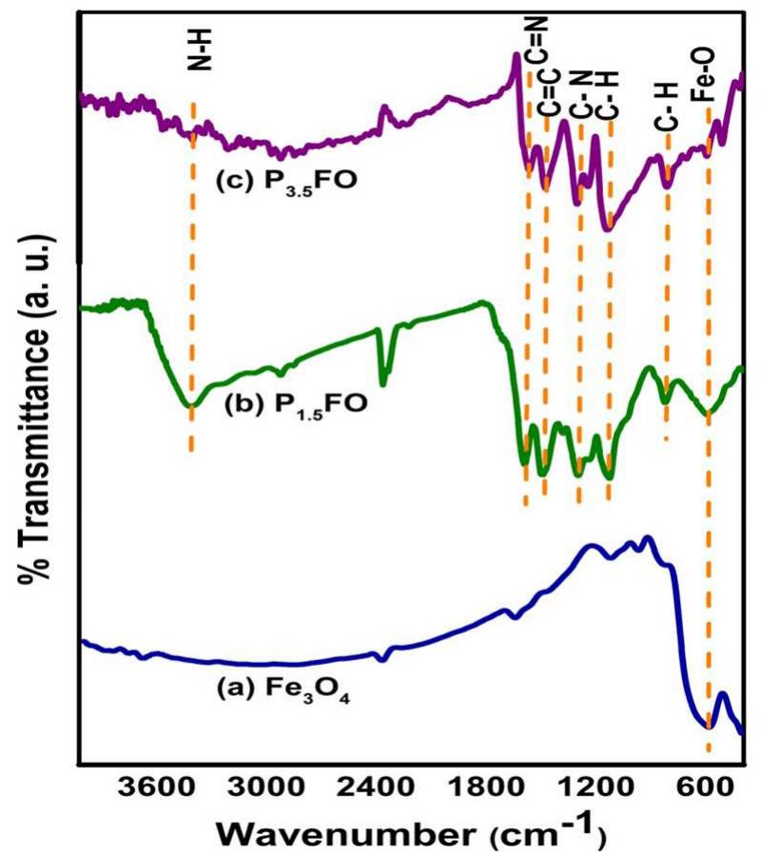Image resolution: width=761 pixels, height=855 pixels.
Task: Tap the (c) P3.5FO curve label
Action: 285,180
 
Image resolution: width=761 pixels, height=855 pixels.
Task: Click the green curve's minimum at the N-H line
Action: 191,405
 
